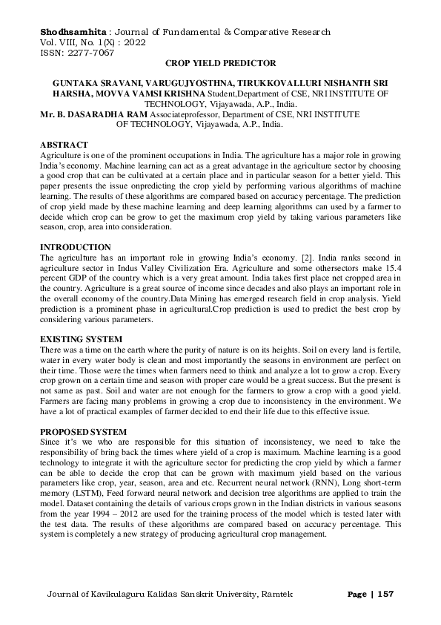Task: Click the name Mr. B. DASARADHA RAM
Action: (x=92, y=115)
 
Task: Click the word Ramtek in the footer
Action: (x=279, y=595)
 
